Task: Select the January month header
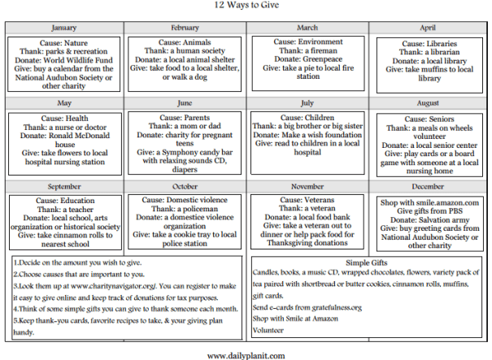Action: pyautogui.click(x=65, y=26)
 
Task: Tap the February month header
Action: pyautogui.click(x=186, y=26)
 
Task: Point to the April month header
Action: pyautogui.click(x=429, y=26)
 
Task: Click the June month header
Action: pyautogui.click(x=186, y=104)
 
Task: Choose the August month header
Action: pyautogui.click(x=429, y=104)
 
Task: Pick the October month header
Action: pyautogui.click(x=186, y=186)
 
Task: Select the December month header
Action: pyautogui.click(x=429, y=186)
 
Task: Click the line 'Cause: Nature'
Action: pyautogui.click(x=65, y=41)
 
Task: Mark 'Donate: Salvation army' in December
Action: pyautogui.click(x=429, y=219)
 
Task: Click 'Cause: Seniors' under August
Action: pyautogui.click(x=429, y=119)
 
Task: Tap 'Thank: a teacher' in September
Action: pyautogui.click(x=65, y=209)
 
